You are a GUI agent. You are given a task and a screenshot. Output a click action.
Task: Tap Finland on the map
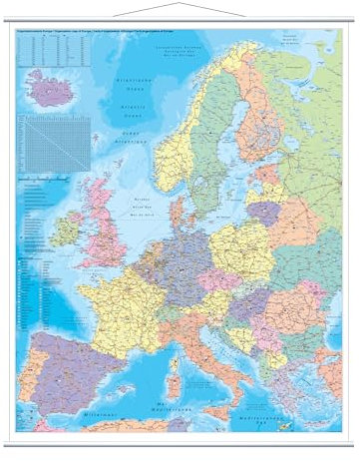(255, 120)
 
